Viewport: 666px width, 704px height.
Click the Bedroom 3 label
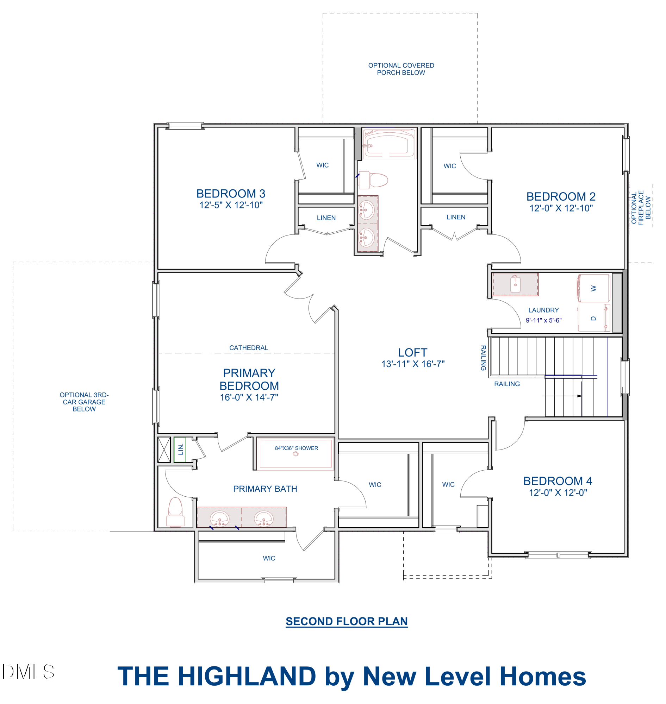pyautogui.click(x=231, y=194)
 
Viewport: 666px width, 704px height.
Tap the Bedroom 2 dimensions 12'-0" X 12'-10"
pyautogui.click(x=561, y=208)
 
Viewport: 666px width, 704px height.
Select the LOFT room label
pyautogui.click(x=412, y=352)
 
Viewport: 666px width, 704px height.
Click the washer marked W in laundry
pyautogui.click(x=593, y=288)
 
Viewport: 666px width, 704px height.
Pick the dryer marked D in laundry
pyautogui.click(x=594, y=318)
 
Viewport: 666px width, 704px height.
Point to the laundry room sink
pyautogui.click(x=515, y=284)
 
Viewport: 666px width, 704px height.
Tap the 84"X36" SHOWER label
pyautogui.click(x=297, y=448)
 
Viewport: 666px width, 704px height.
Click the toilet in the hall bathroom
pyautogui.click(x=373, y=180)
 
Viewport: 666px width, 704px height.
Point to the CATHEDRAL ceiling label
pyautogui.click(x=249, y=348)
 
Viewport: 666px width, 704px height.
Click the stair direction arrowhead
pyautogui.click(x=580, y=396)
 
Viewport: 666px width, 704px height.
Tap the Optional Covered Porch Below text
pyautogui.click(x=401, y=69)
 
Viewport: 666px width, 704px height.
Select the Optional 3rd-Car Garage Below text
pyautogui.click(x=84, y=402)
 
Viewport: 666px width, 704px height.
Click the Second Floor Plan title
pyautogui.click(x=347, y=621)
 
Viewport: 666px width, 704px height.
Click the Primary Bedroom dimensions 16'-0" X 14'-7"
pyautogui.click(x=249, y=397)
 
